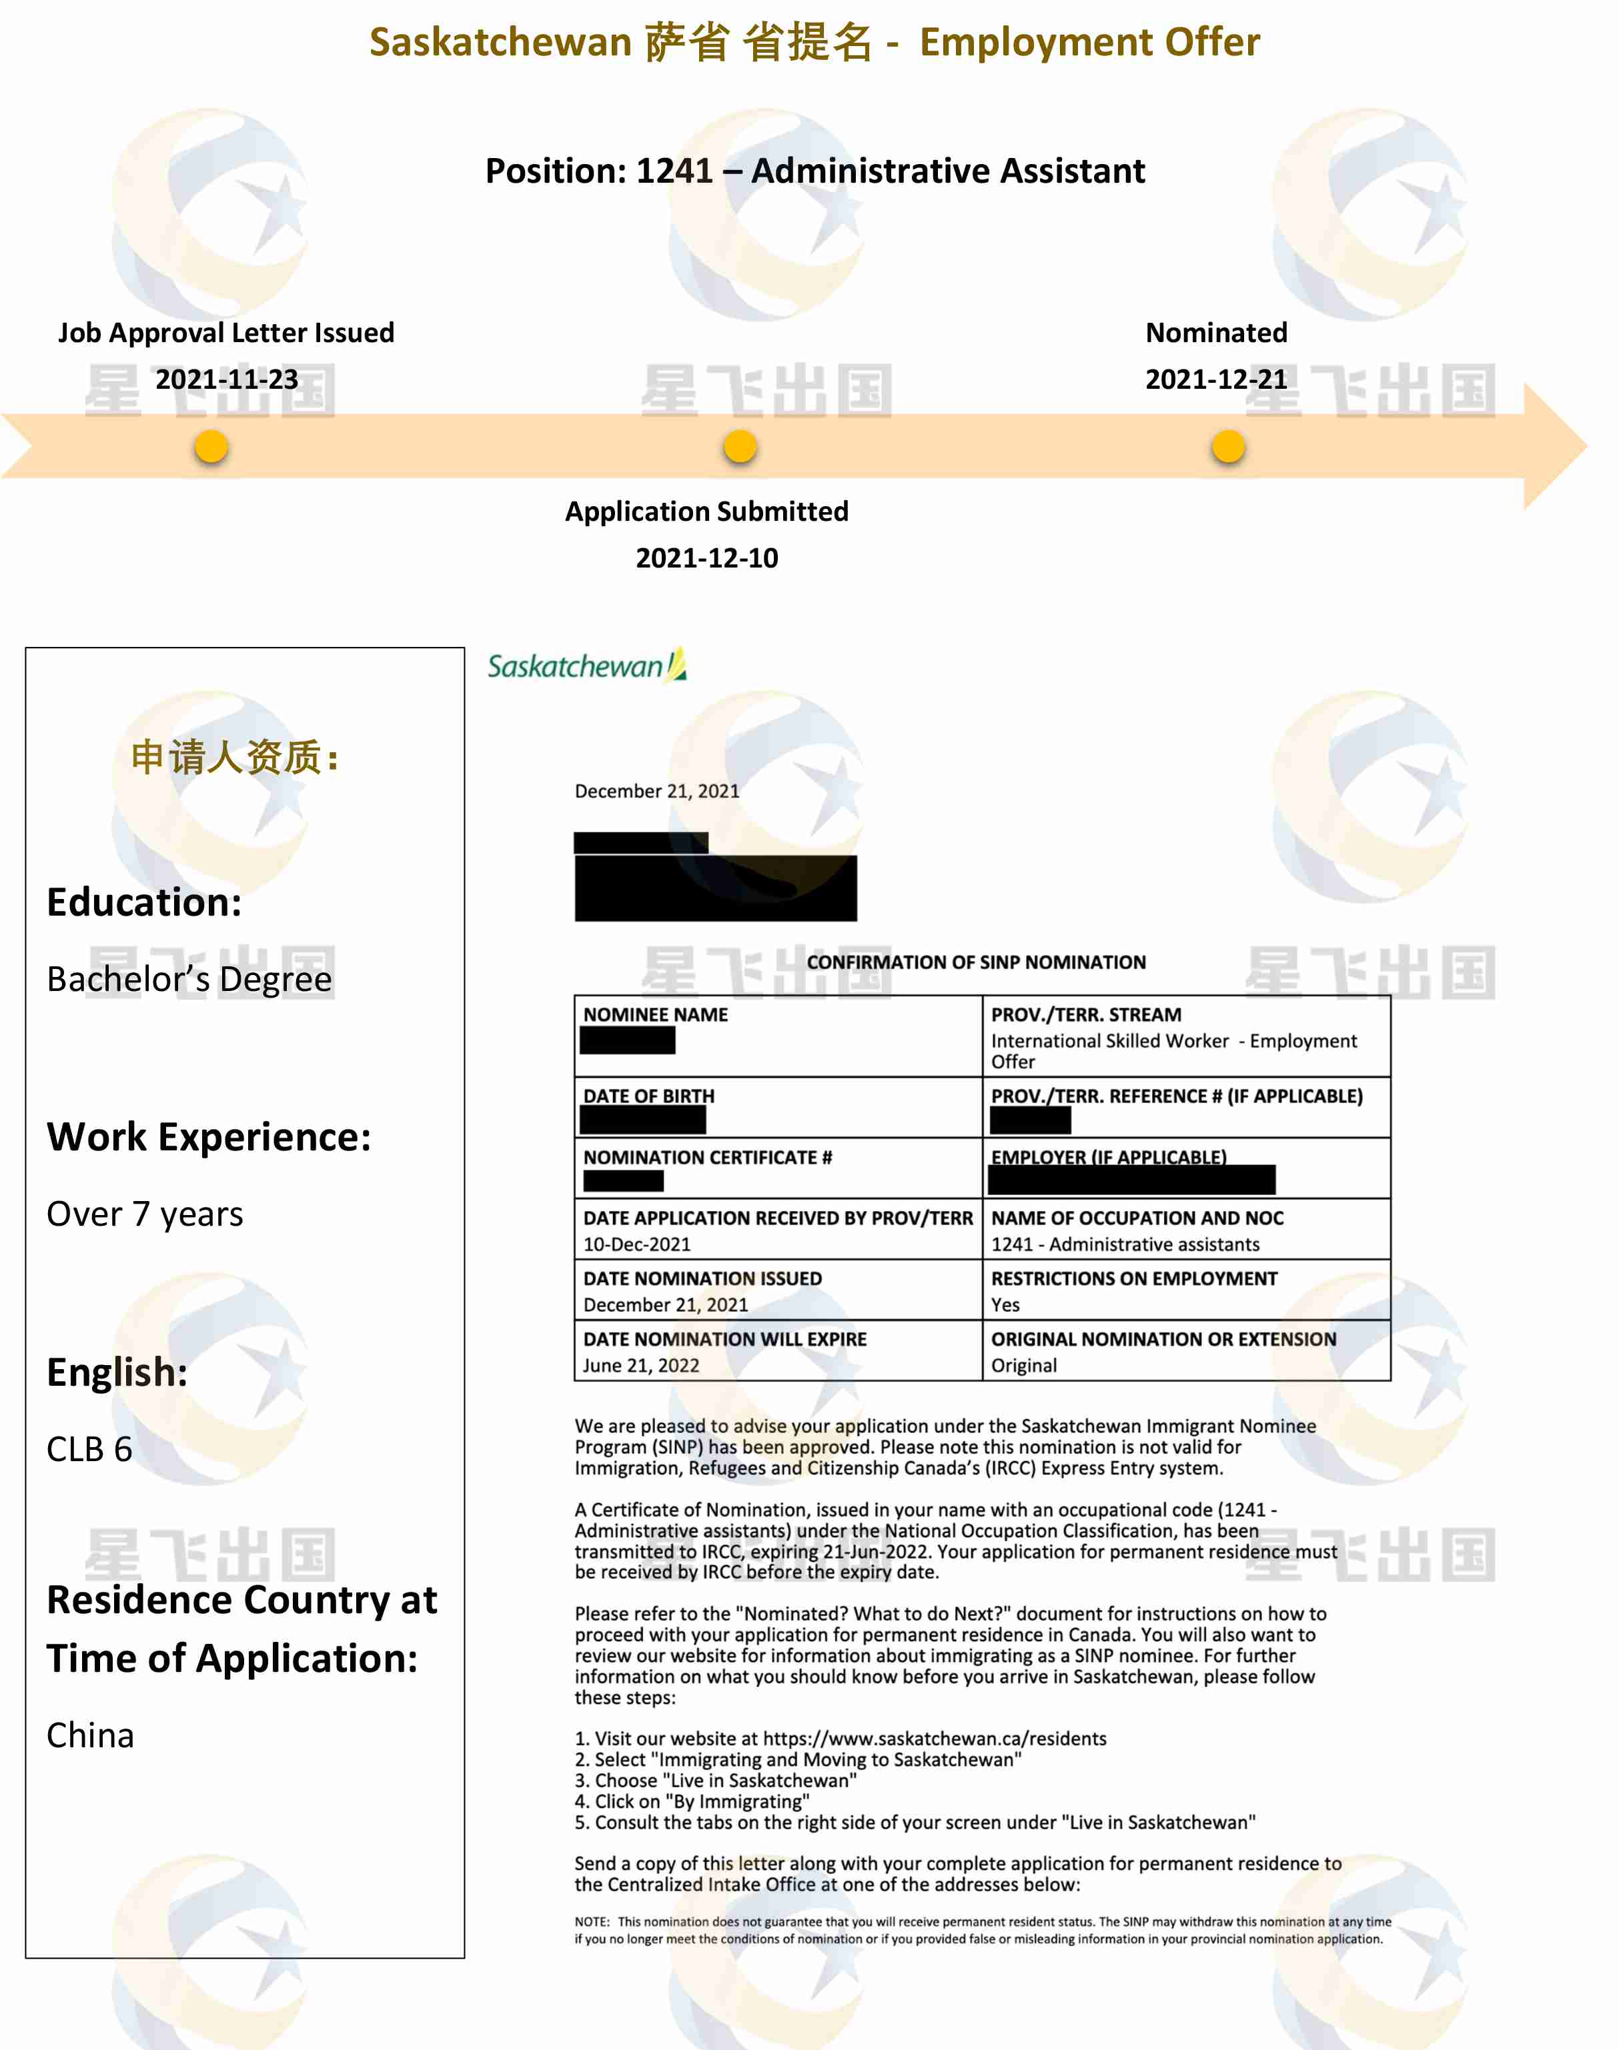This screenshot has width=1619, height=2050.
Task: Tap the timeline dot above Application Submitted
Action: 739,446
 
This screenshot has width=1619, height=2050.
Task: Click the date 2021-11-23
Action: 227,379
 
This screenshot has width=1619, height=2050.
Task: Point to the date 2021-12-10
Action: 706,558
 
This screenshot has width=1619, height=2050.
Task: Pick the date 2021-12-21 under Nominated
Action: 1216,379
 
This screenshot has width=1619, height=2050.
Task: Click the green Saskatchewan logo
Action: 586,666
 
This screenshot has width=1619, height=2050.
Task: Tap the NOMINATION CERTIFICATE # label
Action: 707,1157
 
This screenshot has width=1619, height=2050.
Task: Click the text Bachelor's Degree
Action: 189,979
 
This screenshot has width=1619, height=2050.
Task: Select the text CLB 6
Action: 89,1449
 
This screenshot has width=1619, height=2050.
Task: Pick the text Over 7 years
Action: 145,1214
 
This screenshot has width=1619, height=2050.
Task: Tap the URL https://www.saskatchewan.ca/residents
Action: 934,1738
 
